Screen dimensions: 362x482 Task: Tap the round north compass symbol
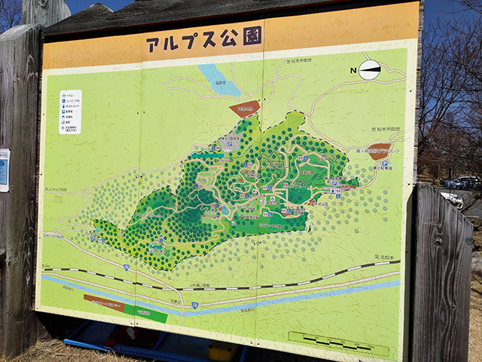pos(369,70)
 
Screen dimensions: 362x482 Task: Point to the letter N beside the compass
pos(352,71)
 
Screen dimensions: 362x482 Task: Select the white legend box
pos(70,112)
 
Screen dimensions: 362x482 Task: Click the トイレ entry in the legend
pos(70,97)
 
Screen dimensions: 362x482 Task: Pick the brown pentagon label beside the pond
pos(244,109)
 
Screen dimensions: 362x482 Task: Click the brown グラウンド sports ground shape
pos(379,151)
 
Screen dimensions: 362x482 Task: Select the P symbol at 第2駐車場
pos(385,163)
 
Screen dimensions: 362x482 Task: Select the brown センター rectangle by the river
pos(104,302)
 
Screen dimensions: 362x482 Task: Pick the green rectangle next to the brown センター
pos(146,312)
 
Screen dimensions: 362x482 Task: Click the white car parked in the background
pos(453,199)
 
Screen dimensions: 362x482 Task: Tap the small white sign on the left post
pos(4,170)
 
